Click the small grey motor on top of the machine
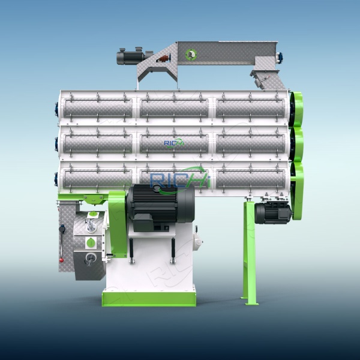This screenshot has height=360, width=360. [x=133, y=57]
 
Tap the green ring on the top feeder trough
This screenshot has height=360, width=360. [x=191, y=54]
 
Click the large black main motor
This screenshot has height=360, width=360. [x=159, y=207]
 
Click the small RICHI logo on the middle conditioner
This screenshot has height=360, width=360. [x=175, y=143]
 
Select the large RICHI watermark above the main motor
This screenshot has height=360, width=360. [x=179, y=178]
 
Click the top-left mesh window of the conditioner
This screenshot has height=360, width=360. [x=98, y=108]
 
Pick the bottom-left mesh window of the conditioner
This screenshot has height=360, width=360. [x=98, y=178]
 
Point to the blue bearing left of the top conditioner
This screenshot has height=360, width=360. [x=58, y=108]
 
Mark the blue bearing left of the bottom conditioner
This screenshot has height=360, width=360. [x=58, y=178]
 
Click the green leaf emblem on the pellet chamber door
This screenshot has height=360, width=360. [x=91, y=242]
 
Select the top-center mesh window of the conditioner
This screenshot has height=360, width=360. [x=174, y=108]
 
